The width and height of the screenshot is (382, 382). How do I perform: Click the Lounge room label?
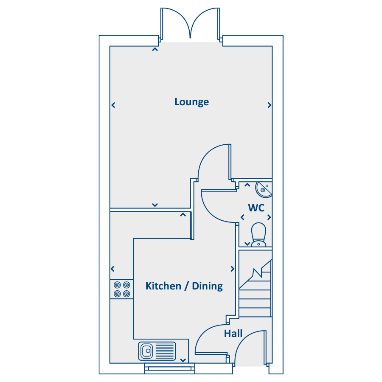[x=192, y=102]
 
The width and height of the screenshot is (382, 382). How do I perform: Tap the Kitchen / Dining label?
[x=184, y=286]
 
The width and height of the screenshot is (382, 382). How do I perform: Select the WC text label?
[x=256, y=208]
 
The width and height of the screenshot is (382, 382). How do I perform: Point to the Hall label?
[x=233, y=334]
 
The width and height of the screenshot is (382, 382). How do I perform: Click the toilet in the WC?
[x=258, y=235]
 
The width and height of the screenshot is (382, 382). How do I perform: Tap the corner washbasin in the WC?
[x=263, y=189]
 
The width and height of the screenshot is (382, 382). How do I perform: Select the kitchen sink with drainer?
[x=157, y=351]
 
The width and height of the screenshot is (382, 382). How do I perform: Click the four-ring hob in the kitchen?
[x=122, y=289]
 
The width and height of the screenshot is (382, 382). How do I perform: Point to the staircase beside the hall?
[x=255, y=288]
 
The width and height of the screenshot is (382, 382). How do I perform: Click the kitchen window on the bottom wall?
[x=170, y=368]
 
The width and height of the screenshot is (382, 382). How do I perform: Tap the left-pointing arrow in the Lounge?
[x=113, y=105]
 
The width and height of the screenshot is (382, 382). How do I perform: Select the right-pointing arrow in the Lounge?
[x=270, y=105]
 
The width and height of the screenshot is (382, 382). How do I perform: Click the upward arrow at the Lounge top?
[x=155, y=50]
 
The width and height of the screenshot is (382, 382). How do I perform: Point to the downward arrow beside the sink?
[x=183, y=360]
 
